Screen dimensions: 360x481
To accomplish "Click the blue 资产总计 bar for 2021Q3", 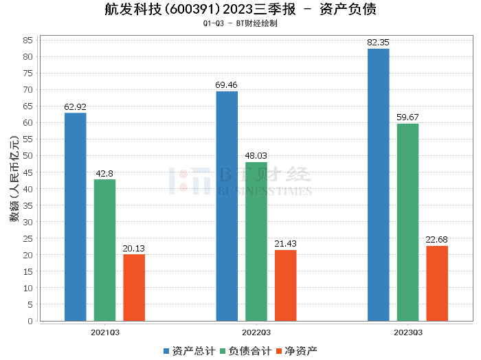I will click(75, 216).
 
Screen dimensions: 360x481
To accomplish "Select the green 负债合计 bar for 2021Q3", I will click(104, 250).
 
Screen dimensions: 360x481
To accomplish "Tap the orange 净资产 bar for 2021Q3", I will click(134, 287).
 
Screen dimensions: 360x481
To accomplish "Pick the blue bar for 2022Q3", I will click(227, 206).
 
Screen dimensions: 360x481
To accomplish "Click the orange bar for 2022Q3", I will click(286, 285).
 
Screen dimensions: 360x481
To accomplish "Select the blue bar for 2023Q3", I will click(378, 185).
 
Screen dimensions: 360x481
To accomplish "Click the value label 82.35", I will click(378, 43).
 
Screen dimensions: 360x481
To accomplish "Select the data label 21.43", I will click(286, 244).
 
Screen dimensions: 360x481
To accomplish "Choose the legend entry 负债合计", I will click(245, 351).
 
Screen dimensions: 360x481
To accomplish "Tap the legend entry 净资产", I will click(297, 351).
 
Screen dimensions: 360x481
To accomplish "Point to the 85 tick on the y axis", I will click(28, 40).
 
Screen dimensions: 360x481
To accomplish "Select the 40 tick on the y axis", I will click(28, 189).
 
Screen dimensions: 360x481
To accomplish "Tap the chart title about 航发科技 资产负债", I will click(240, 10).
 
